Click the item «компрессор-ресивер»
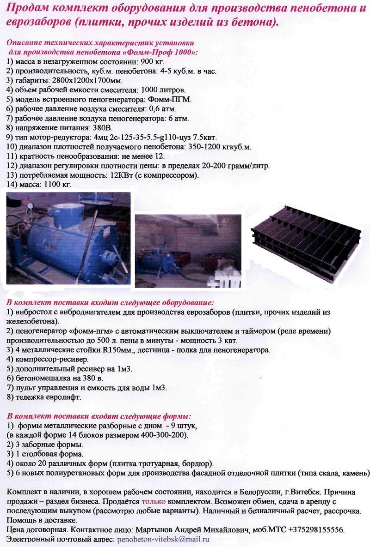49,359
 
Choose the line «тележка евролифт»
44,397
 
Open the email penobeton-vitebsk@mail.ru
163,539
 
